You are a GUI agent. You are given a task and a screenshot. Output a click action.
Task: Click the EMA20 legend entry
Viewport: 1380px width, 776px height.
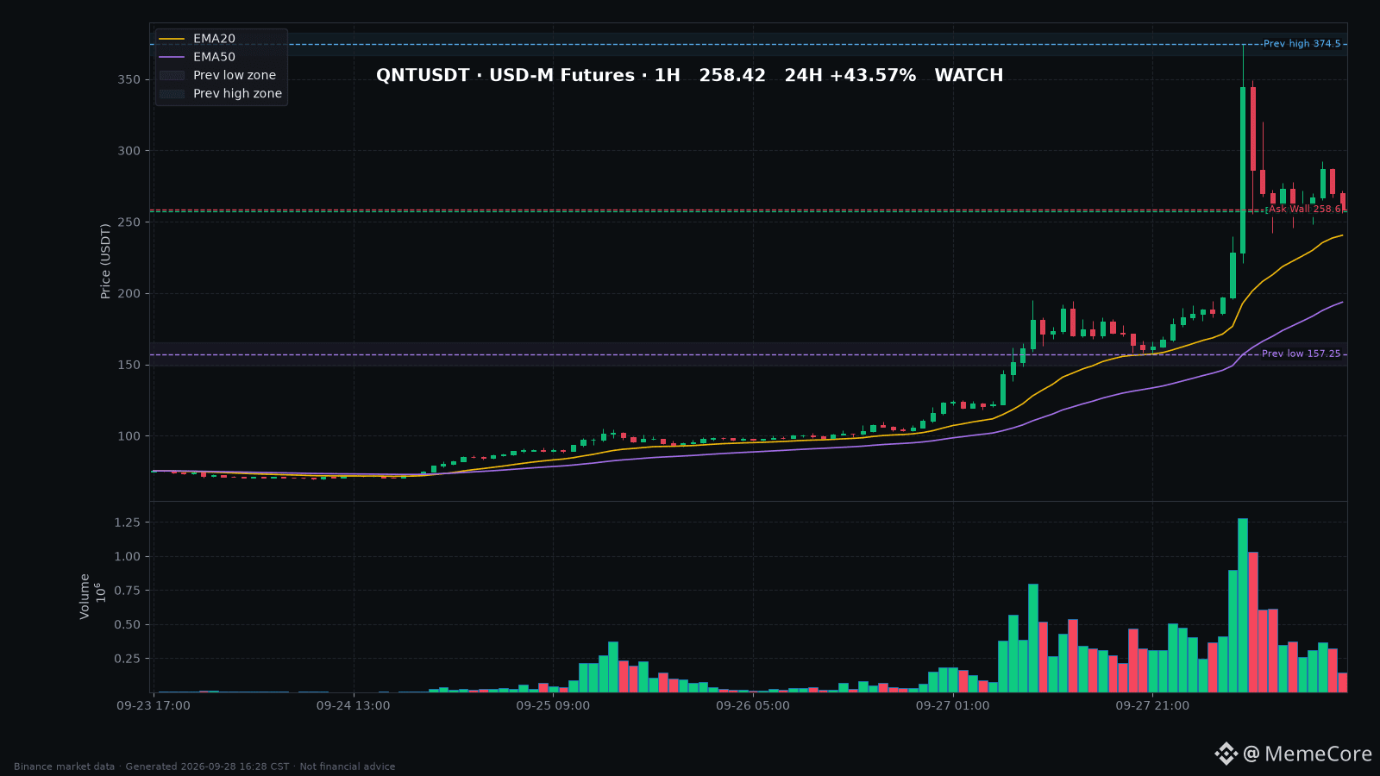click(198, 38)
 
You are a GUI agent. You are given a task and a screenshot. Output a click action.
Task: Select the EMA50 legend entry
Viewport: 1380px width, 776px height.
click(198, 57)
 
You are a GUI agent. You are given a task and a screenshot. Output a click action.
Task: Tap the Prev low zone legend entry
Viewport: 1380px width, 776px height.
click(217, 75)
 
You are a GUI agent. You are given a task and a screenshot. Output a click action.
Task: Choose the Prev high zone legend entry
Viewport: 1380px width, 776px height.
click(221, 94)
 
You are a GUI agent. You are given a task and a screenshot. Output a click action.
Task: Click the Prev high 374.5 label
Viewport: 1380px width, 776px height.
click(1302, 44)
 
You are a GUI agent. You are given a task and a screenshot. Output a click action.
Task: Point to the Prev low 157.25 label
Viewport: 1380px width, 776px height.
click(1301, 354)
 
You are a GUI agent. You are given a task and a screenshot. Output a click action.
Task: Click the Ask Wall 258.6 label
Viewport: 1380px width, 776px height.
click(1303, 209)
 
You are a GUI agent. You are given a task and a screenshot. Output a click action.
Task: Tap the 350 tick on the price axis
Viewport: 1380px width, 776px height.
click(129, 79)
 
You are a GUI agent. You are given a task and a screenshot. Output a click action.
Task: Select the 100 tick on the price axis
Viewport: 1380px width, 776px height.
click(129, 436)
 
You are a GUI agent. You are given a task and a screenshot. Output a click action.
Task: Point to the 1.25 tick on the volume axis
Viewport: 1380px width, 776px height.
click(128, 523)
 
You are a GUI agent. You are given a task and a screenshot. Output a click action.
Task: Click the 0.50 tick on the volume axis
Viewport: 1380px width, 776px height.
click(128, 624)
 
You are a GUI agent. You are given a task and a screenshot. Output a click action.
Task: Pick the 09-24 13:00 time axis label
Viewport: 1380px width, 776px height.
click(353, 706)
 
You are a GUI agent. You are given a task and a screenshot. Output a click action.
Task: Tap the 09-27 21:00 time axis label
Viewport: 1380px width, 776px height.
click(1152, 706)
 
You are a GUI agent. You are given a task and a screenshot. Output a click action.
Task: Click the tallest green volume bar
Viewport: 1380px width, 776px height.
click(1243, 605)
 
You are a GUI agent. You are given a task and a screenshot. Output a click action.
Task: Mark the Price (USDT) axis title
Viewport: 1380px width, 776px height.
click(105, 261)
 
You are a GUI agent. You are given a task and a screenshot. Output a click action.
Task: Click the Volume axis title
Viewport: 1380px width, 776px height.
click(85, 596)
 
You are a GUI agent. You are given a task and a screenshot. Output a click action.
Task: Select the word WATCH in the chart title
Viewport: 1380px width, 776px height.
click(969, 75)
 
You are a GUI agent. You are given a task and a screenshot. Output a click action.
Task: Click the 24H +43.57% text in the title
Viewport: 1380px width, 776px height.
click(850, 75)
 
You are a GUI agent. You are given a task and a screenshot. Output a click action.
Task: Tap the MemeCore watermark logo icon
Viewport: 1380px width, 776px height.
click(1226, 754)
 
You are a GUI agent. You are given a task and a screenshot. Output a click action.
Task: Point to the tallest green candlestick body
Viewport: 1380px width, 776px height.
click(1243, 170)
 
